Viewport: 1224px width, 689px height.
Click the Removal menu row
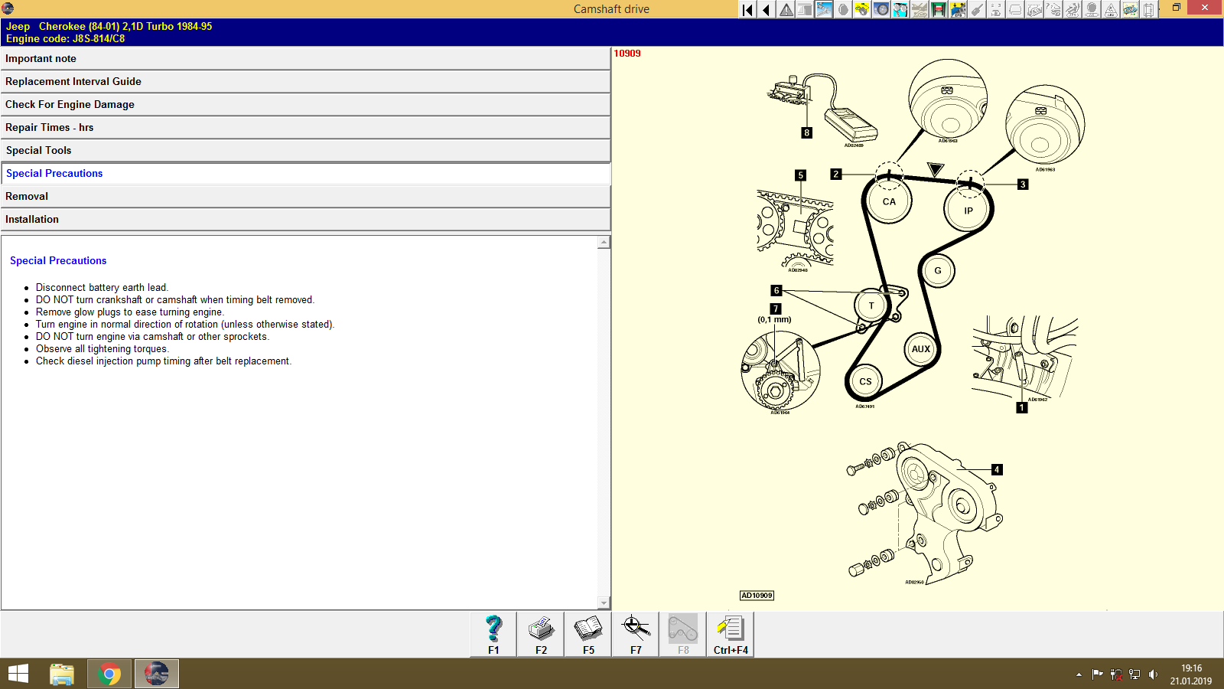coord(304,197)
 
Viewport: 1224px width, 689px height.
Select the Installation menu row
coord(304,220)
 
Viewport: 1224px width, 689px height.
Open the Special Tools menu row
coord(304,151)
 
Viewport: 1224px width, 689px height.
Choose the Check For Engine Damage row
coord(304,105)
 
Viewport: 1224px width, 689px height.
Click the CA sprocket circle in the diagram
coord(889,202)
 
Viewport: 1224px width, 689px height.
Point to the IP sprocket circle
coord(968,211)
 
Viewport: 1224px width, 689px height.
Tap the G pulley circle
coord(938,271)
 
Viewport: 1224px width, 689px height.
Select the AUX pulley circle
coord(921,349)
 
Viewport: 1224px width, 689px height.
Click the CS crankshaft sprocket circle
coord(865,381)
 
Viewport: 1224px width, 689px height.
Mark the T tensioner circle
coord(871,306)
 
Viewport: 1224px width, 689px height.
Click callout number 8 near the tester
coord(806,133)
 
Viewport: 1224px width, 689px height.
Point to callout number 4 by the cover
coord(997,470)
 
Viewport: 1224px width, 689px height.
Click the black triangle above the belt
coord(935,168)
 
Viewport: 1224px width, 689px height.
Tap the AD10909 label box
coord(757,596)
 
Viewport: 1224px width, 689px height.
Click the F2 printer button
coord(541,635)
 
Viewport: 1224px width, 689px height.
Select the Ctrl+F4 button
coord(731,635)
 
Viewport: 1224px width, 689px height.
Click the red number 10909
coord(627,54)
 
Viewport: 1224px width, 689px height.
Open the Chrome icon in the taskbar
coord(109,674)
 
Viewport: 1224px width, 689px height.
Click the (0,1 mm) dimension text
coord(774,320)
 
